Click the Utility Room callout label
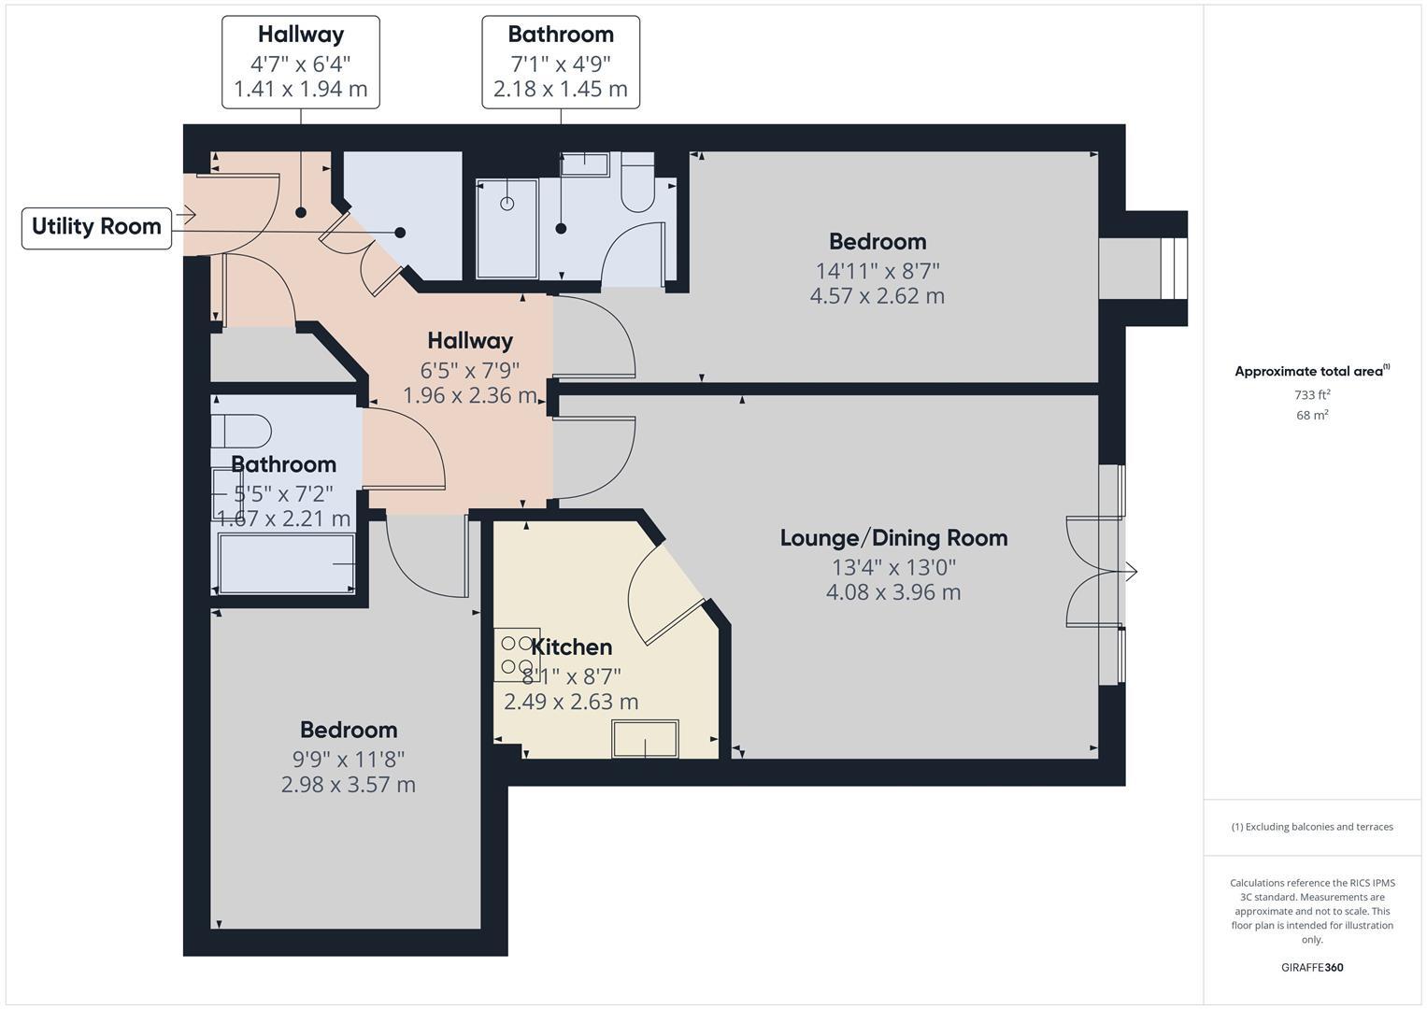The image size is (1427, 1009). pos(96,227)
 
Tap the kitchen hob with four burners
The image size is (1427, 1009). pos(517,654)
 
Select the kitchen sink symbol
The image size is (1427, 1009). pos(645,738)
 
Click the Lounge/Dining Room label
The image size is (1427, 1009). pos(893,538)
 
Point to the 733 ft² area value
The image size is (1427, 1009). pos(1311,395)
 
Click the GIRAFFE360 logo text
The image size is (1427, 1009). pos(1311,967)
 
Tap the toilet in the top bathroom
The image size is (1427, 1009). pos(639,183)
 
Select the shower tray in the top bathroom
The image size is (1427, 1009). pos(507,229)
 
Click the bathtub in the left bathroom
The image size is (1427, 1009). pos(286,563)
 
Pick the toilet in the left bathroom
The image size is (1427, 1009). pos(241,432)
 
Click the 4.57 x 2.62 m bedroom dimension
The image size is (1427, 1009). pos(877,296)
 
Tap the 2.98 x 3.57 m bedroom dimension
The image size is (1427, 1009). pos(348,785)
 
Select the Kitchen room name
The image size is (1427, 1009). pos(571,647)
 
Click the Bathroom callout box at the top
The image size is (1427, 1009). pos(561,62)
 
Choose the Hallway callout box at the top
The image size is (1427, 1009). pos(300,62)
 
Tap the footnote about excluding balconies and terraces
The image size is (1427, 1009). pos(1311,827)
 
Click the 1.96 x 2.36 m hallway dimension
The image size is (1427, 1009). pos(469,395)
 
